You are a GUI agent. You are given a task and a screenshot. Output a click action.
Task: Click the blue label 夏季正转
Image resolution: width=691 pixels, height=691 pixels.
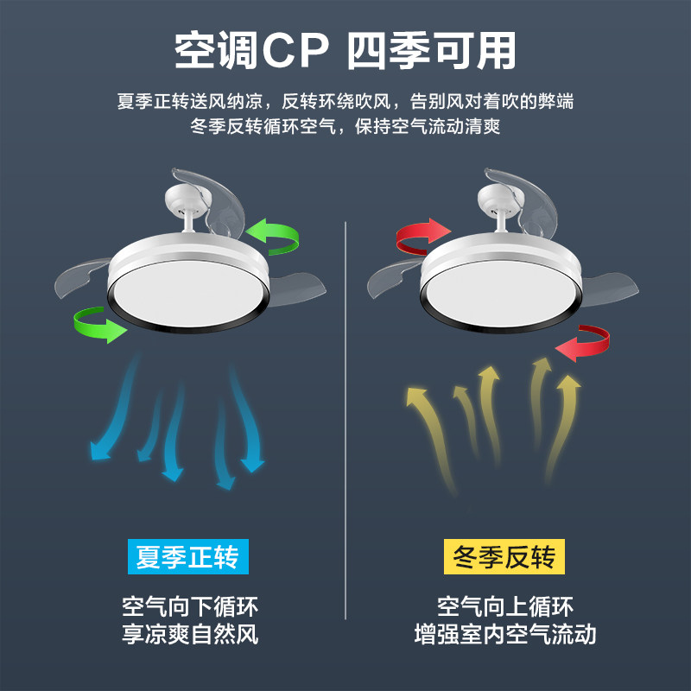pos(187,556)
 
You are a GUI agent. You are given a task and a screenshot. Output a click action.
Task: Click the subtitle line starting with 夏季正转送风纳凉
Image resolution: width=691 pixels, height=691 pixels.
pos(345,101)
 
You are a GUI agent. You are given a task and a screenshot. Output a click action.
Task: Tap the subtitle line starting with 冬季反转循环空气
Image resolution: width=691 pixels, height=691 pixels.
pos(345,127)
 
